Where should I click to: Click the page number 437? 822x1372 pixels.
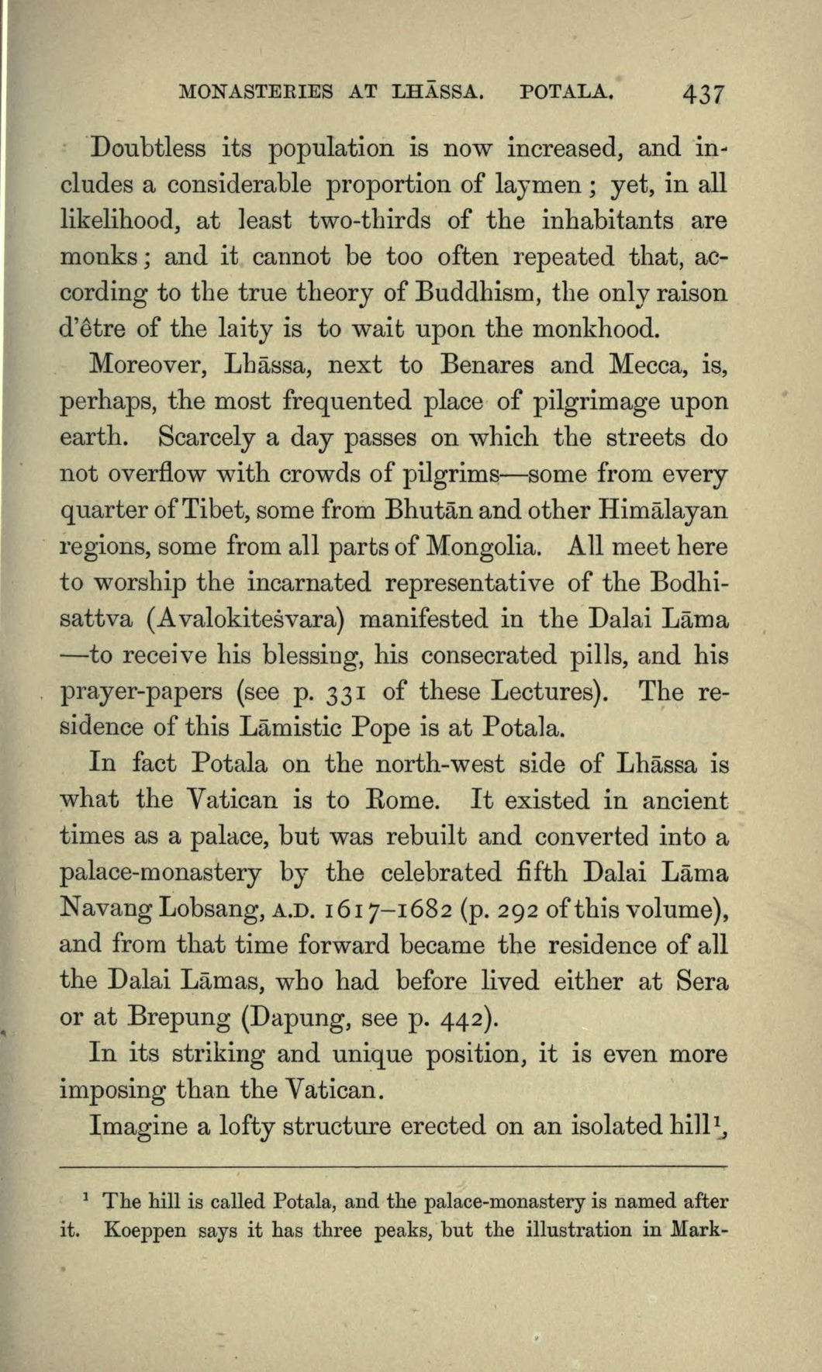(703, 95)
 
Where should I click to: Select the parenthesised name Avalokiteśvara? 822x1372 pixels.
(246, 620)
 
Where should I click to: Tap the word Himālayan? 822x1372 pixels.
(664, 511)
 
